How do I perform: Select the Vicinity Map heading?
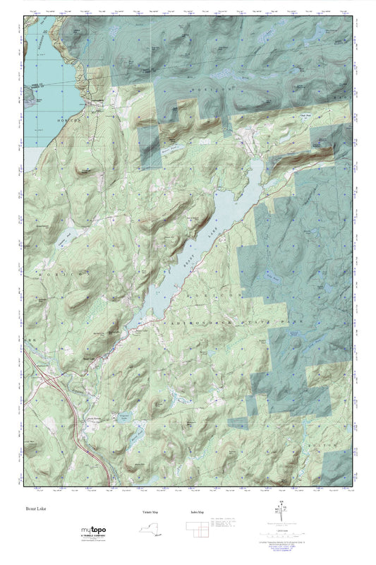[x=145, y=511]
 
